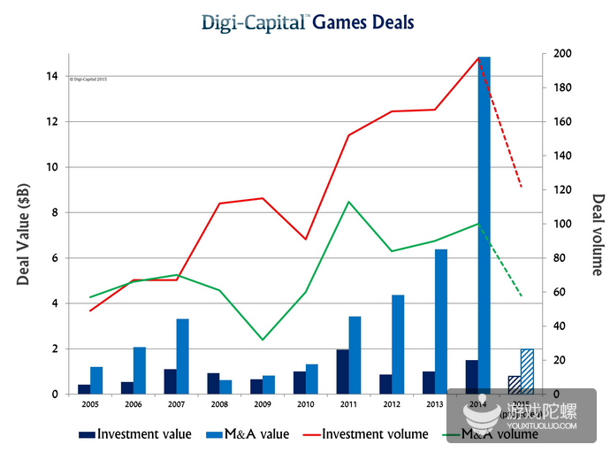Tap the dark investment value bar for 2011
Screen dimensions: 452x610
tap(342, 372)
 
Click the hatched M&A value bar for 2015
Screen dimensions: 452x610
tap(527, 372)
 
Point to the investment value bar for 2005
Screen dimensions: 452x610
tap(84, 389)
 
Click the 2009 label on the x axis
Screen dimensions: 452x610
tap(263, 405)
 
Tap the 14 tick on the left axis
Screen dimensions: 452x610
tap(52, 77)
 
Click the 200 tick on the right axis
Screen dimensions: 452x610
tap(562, 54)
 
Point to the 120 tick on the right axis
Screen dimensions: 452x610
tap(562, 190)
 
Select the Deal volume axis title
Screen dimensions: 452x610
tap(597, 234)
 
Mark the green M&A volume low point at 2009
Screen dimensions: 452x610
tap(263, 340)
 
